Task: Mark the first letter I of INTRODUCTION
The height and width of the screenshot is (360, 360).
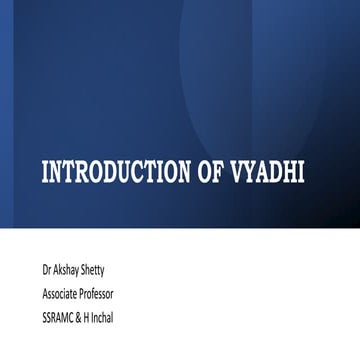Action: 44,173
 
